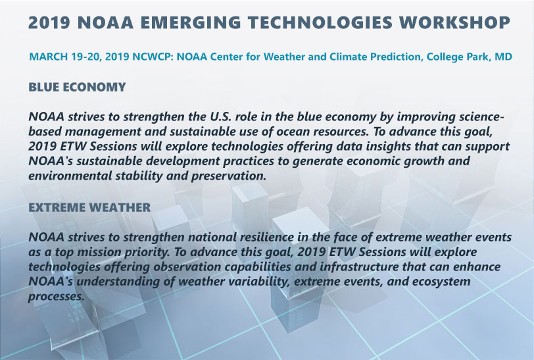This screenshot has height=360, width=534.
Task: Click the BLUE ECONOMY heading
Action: click(77, 87)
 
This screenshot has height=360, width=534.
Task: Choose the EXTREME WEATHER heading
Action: click(89, 207)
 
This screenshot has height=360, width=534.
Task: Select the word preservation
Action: click(228, 176)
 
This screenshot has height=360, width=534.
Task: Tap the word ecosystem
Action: click(441, 282)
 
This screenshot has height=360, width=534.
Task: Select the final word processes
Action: click(56, 297)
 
